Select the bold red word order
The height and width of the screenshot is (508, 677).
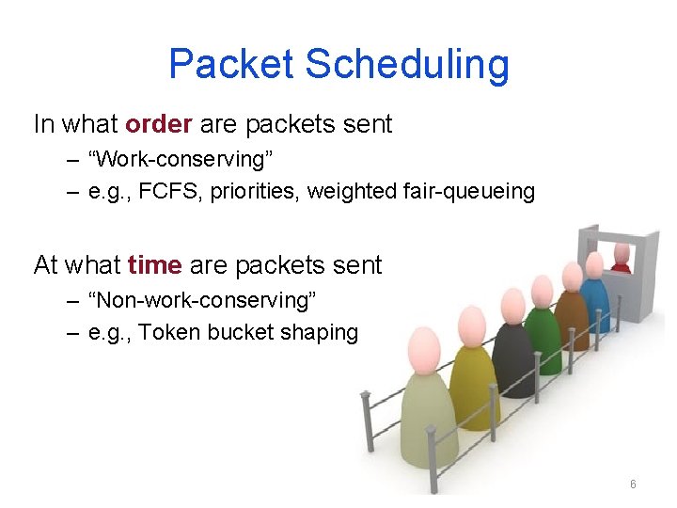(x=159, y=124)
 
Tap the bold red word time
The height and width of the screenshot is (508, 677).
(x=154, y=265)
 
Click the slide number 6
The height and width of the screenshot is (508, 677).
(x=633, y=484)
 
